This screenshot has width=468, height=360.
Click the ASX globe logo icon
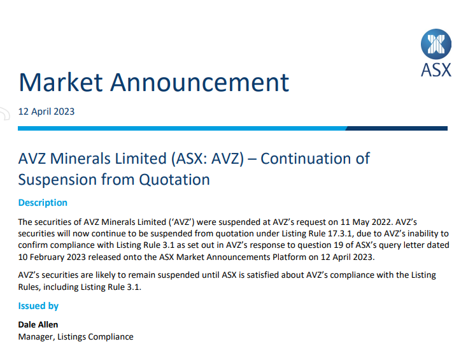click(x=436, y=44)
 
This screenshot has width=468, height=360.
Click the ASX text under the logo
click(x=436, y=70)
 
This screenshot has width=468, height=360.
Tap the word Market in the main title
click(x=61, y=82)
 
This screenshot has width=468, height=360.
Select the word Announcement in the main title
click(x=200, y=82)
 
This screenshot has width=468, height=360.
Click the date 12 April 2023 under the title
click(x=46, y=112)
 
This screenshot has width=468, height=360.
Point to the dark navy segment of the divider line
click(x=397, y=129)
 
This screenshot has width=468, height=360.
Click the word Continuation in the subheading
click(x=315, y=159)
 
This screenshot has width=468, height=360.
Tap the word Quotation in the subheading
click(x=174, y=180)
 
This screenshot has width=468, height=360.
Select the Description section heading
click(x=43, y=203)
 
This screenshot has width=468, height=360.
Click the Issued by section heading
click(x=38, y=306)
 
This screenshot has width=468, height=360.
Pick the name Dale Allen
click(x=38, y=324)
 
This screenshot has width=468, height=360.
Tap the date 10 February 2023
click(x=52, y=257)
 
